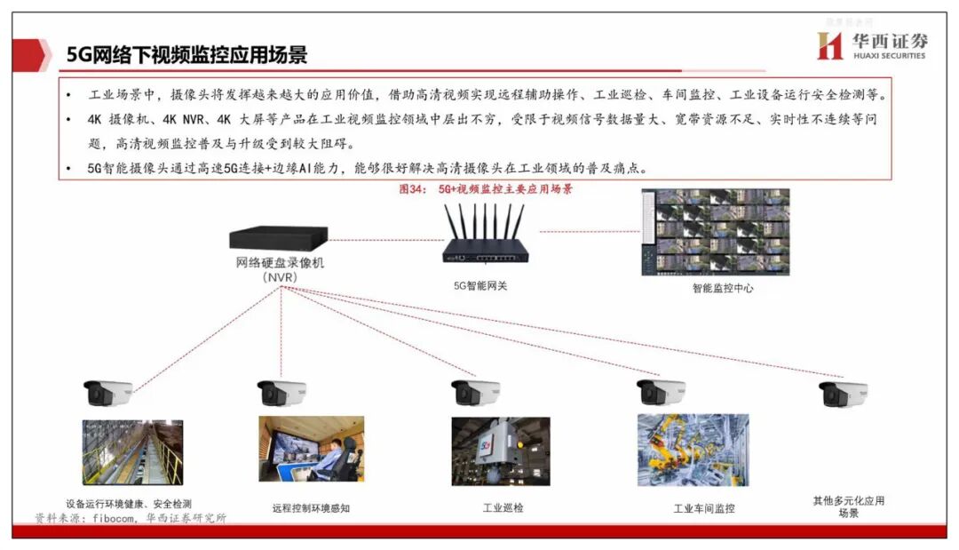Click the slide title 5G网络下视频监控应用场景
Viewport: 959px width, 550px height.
coord(187,55)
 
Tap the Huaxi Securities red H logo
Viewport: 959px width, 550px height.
coord(829,45)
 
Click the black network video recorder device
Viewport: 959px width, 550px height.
coord(278,238)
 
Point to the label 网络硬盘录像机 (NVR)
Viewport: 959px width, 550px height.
coord(280,269)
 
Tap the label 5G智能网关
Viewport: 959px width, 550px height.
coord(480,286)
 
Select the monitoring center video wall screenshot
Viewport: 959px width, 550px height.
coord(715,231)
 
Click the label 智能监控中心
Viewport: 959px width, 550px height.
coord(723,288)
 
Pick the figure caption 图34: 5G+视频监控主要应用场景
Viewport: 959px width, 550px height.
coord(487,189)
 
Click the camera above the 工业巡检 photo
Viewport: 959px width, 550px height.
coord(475,392)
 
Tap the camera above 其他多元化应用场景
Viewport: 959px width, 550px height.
coord(843,393)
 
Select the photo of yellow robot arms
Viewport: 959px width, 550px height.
coord(693,450)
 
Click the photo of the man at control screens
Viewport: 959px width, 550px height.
coord(311,450)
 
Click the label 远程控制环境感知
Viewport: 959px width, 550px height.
coord(311,509)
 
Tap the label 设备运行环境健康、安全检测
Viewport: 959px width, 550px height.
coord(128,503)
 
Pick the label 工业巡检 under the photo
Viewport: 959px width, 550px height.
coord(503,508)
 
